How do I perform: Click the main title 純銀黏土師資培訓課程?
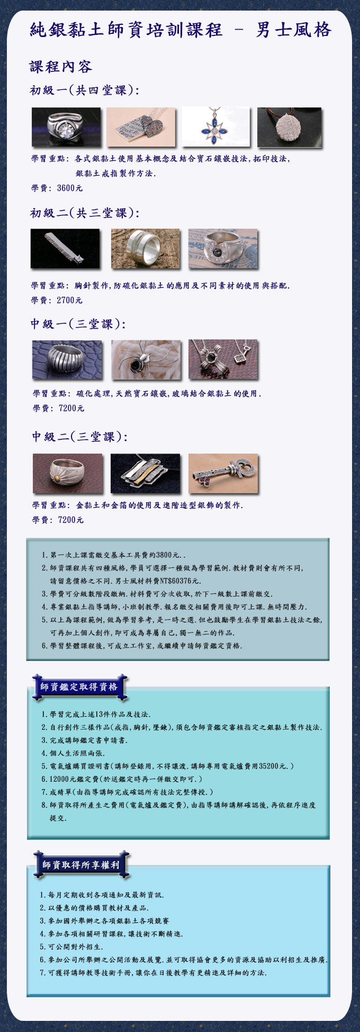(x=127, y=30)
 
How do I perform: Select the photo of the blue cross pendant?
(x=215, y=127)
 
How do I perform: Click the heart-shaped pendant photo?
(x=141, y=127)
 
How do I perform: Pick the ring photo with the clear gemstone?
(x=66, y=127)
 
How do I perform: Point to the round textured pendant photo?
(x=289, y=127)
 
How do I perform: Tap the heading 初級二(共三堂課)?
(x=85, y=213)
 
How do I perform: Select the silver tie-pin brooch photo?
(x=65, y=248)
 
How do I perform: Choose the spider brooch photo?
(x=146, y=360)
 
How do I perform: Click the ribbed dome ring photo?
(x=67, y=360)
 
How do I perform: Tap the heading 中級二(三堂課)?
(x=80, y=437)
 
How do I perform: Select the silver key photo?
(x=223, y=473)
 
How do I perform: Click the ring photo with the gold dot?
(x=68, y=473)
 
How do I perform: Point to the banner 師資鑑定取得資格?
(x=79, y=687)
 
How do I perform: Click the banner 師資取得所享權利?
(x=81, y=865)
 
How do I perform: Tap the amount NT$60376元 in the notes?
(x=175, y=581)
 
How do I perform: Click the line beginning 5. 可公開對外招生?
(x=71, y=947)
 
